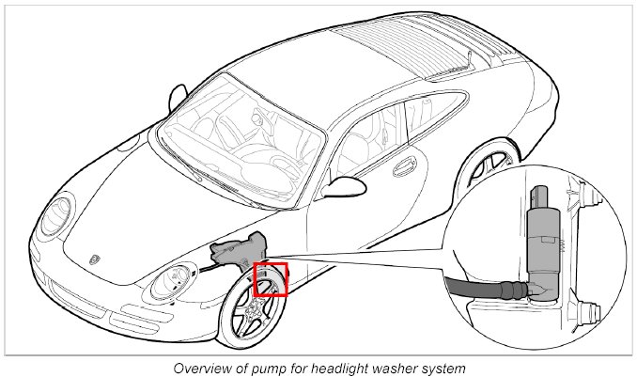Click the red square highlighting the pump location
click(271, 280)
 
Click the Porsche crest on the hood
click(97, 256)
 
